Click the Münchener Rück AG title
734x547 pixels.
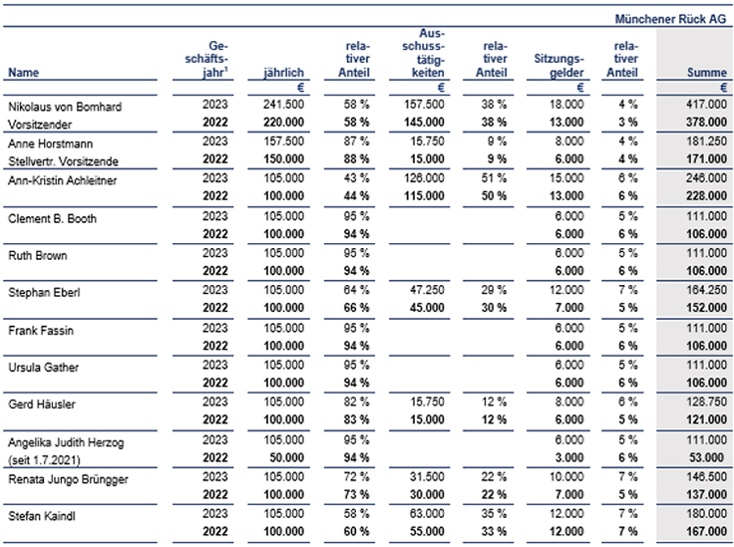(670, 19)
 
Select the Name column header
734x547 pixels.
(23, 73)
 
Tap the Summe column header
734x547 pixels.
(706, 73)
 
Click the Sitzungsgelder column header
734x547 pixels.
(558, 66)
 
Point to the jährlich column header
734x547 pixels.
(283, 73)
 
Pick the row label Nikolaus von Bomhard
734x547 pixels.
(65, 107)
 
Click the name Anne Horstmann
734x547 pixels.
(51, 143)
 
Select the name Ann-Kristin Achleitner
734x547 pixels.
(62, 180)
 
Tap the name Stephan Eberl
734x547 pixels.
(44, 293)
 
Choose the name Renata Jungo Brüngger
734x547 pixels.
(68, 479)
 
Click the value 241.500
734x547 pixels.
(283, 105)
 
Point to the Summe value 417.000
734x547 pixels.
(706, 105)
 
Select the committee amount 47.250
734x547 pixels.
(427, 290)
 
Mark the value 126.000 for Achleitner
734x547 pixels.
(424, 178)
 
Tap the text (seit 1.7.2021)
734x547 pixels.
(44, 460)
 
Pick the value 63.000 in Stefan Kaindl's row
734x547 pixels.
(427, 514)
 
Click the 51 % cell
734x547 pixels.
(494, 178)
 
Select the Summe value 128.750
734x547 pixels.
(706, 403)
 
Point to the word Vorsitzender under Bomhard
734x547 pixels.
(40, 125)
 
